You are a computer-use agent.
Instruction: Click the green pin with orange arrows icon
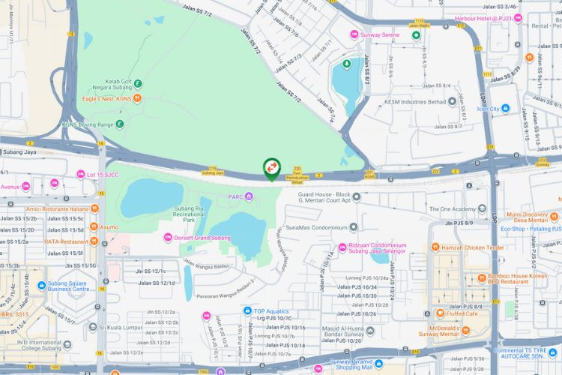pos(271,168)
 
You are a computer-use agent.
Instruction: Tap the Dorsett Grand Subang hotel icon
pos(168,238)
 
